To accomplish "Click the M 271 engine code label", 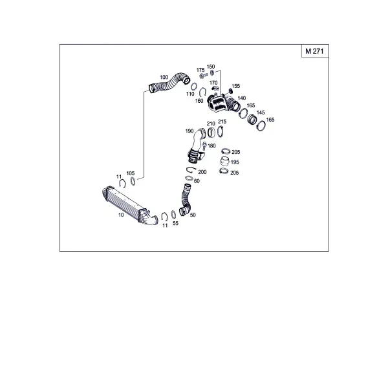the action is tap(314, 51).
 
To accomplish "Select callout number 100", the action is tap(164, 77).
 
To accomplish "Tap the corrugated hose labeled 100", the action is tap(169, 82).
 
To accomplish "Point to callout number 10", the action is tap(121, 215).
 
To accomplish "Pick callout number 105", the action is tap(131, 173).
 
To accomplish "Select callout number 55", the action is tap(175, 223).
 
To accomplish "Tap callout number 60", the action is tap(197, 181).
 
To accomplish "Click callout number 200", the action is tap(202, 172).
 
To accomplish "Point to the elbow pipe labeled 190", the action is tap(197, 146).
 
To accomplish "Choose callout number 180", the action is tap(211, 146).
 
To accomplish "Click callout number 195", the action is tap(235, 162).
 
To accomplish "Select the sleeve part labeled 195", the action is tap(224, 161).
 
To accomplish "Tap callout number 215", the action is tap(222, 122).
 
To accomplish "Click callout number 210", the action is tap(211, 124).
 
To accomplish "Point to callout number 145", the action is tap(261, 113).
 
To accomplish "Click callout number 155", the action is tap(236, 86).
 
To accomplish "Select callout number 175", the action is tap(200, 70).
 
